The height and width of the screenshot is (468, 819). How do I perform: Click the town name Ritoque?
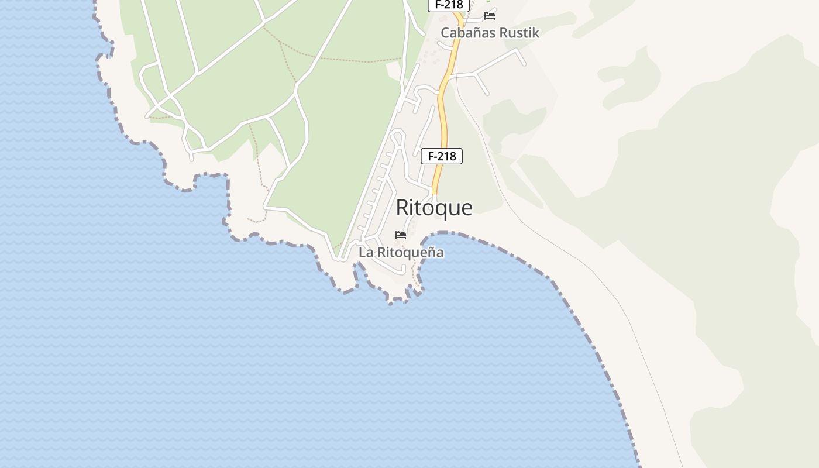(x=434, y=208)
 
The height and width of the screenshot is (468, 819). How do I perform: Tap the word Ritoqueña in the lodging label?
(x=410, y=253)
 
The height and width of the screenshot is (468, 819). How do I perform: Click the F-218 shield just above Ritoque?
(x=442, y=156)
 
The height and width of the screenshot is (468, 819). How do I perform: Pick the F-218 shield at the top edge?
(x=449, y=5)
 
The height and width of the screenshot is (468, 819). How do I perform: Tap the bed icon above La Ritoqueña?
(x=401, y=235)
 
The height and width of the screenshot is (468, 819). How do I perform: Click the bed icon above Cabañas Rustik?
(x=490, y=15)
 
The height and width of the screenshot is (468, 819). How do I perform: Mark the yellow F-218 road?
(x=443, y=117)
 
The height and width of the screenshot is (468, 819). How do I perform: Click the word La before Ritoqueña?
(x=366, y=253)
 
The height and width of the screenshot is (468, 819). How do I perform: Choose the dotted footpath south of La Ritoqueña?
(x=415, y=275)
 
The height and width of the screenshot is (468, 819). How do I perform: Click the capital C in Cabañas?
(x=445, y=33)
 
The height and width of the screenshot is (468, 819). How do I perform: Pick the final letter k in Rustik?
(x=536, y=33)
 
